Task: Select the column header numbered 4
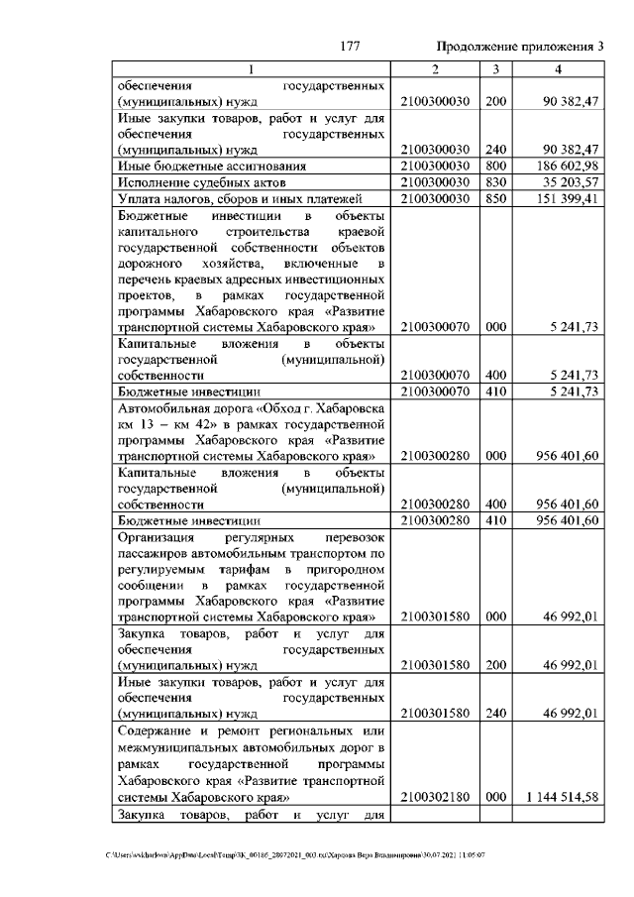[559, 69]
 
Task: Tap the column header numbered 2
[435, 69]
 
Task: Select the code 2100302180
[436, 796]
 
